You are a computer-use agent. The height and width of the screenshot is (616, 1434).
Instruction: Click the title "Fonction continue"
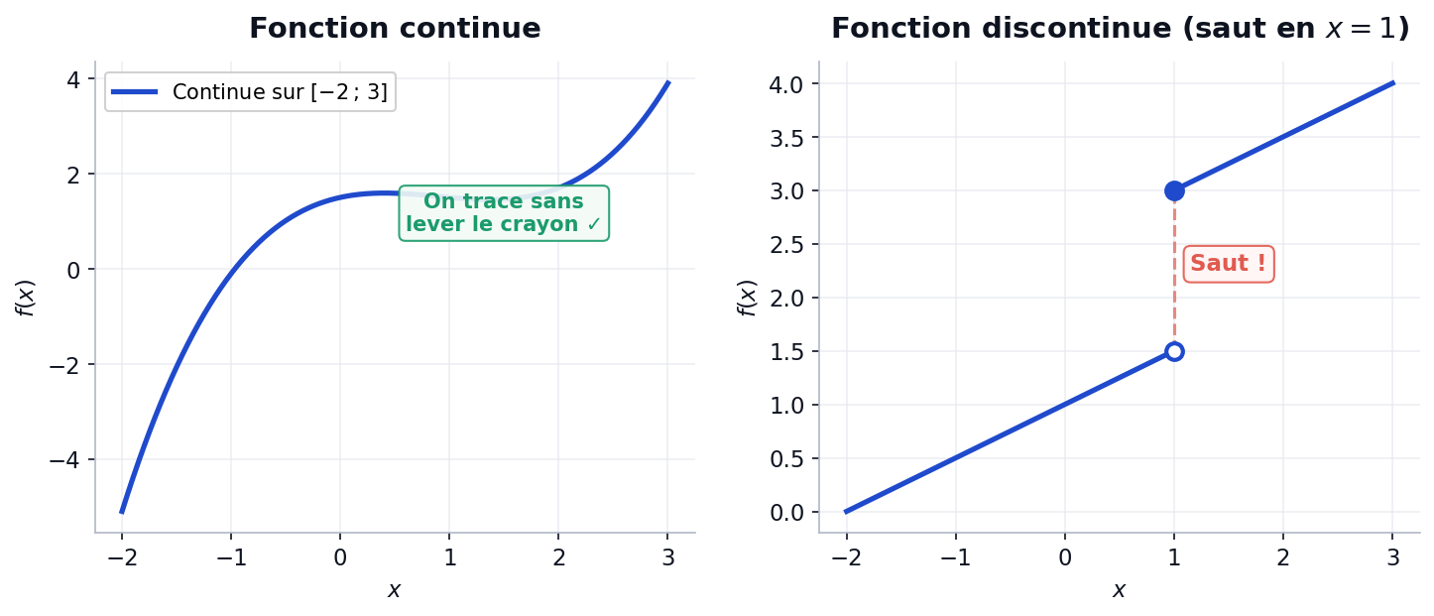click(395, 29)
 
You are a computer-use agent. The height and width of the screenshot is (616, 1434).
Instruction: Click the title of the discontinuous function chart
click(1120, 29)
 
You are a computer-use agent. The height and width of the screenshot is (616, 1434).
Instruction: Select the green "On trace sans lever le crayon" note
click(504, 213)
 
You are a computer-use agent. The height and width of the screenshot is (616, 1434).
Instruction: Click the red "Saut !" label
click(1228, 264)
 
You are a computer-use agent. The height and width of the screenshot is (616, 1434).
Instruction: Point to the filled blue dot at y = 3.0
click(1174, 190)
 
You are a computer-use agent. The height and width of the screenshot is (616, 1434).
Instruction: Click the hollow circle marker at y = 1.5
click(1174, 351)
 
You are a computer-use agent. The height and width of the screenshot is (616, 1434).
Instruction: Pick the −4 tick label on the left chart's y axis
click(65, 460)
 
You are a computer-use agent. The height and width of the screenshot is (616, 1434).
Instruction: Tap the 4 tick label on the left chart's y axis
click(73, 78)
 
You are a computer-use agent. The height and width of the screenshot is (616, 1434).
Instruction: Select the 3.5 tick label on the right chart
click(786, 137)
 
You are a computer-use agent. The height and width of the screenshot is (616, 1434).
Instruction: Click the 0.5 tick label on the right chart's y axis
click(786, 458)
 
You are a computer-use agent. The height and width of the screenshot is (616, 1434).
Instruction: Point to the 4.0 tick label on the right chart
click(786, 83)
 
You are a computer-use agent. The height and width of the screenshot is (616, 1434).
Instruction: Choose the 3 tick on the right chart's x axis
click(1392, 557)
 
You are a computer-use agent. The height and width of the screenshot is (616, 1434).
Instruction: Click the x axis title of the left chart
click(395, 591)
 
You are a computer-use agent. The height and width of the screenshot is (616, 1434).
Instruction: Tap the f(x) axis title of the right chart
click(748, 298)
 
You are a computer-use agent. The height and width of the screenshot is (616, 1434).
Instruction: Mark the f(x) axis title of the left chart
click(26, 298)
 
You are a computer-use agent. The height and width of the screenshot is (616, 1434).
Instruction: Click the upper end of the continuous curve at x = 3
click(667, 83)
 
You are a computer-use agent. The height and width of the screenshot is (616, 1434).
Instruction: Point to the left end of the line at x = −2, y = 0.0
click(847, 512)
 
